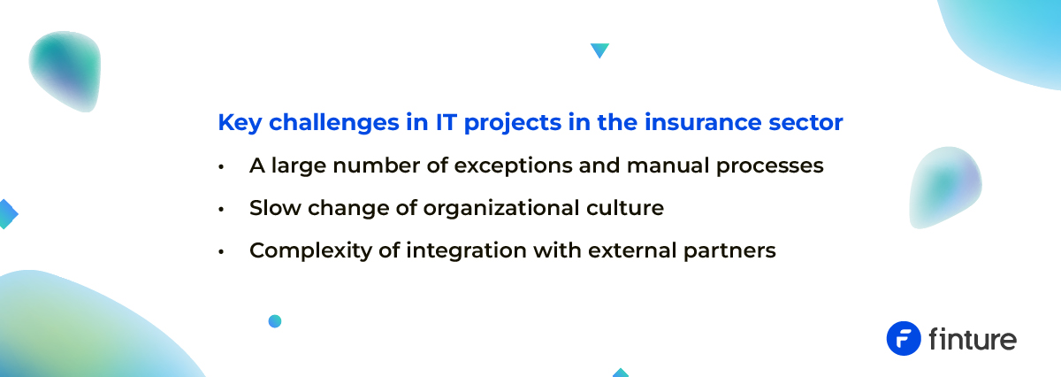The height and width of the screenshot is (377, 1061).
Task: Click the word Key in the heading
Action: (240, 123)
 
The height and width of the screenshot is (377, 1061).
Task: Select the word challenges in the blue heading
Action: (334, 123)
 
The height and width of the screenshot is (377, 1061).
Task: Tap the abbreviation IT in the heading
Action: (447, 122)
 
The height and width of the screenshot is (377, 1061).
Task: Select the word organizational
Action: (501, 209)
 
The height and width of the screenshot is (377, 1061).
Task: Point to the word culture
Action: (625, 208)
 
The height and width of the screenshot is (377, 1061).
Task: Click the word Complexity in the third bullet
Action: (310, 250)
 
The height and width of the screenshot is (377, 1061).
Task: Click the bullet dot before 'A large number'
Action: (221, 166)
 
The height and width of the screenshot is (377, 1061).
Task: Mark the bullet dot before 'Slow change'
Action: (221, 209)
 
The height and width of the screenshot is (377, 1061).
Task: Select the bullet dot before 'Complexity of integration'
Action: (221, 252)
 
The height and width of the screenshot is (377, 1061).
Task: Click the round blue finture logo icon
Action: (904, 339)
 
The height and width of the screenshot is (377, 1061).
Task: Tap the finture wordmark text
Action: (973, 339)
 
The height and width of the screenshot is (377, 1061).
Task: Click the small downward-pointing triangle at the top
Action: (599, 50)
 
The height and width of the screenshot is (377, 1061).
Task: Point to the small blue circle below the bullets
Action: (275, 321)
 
